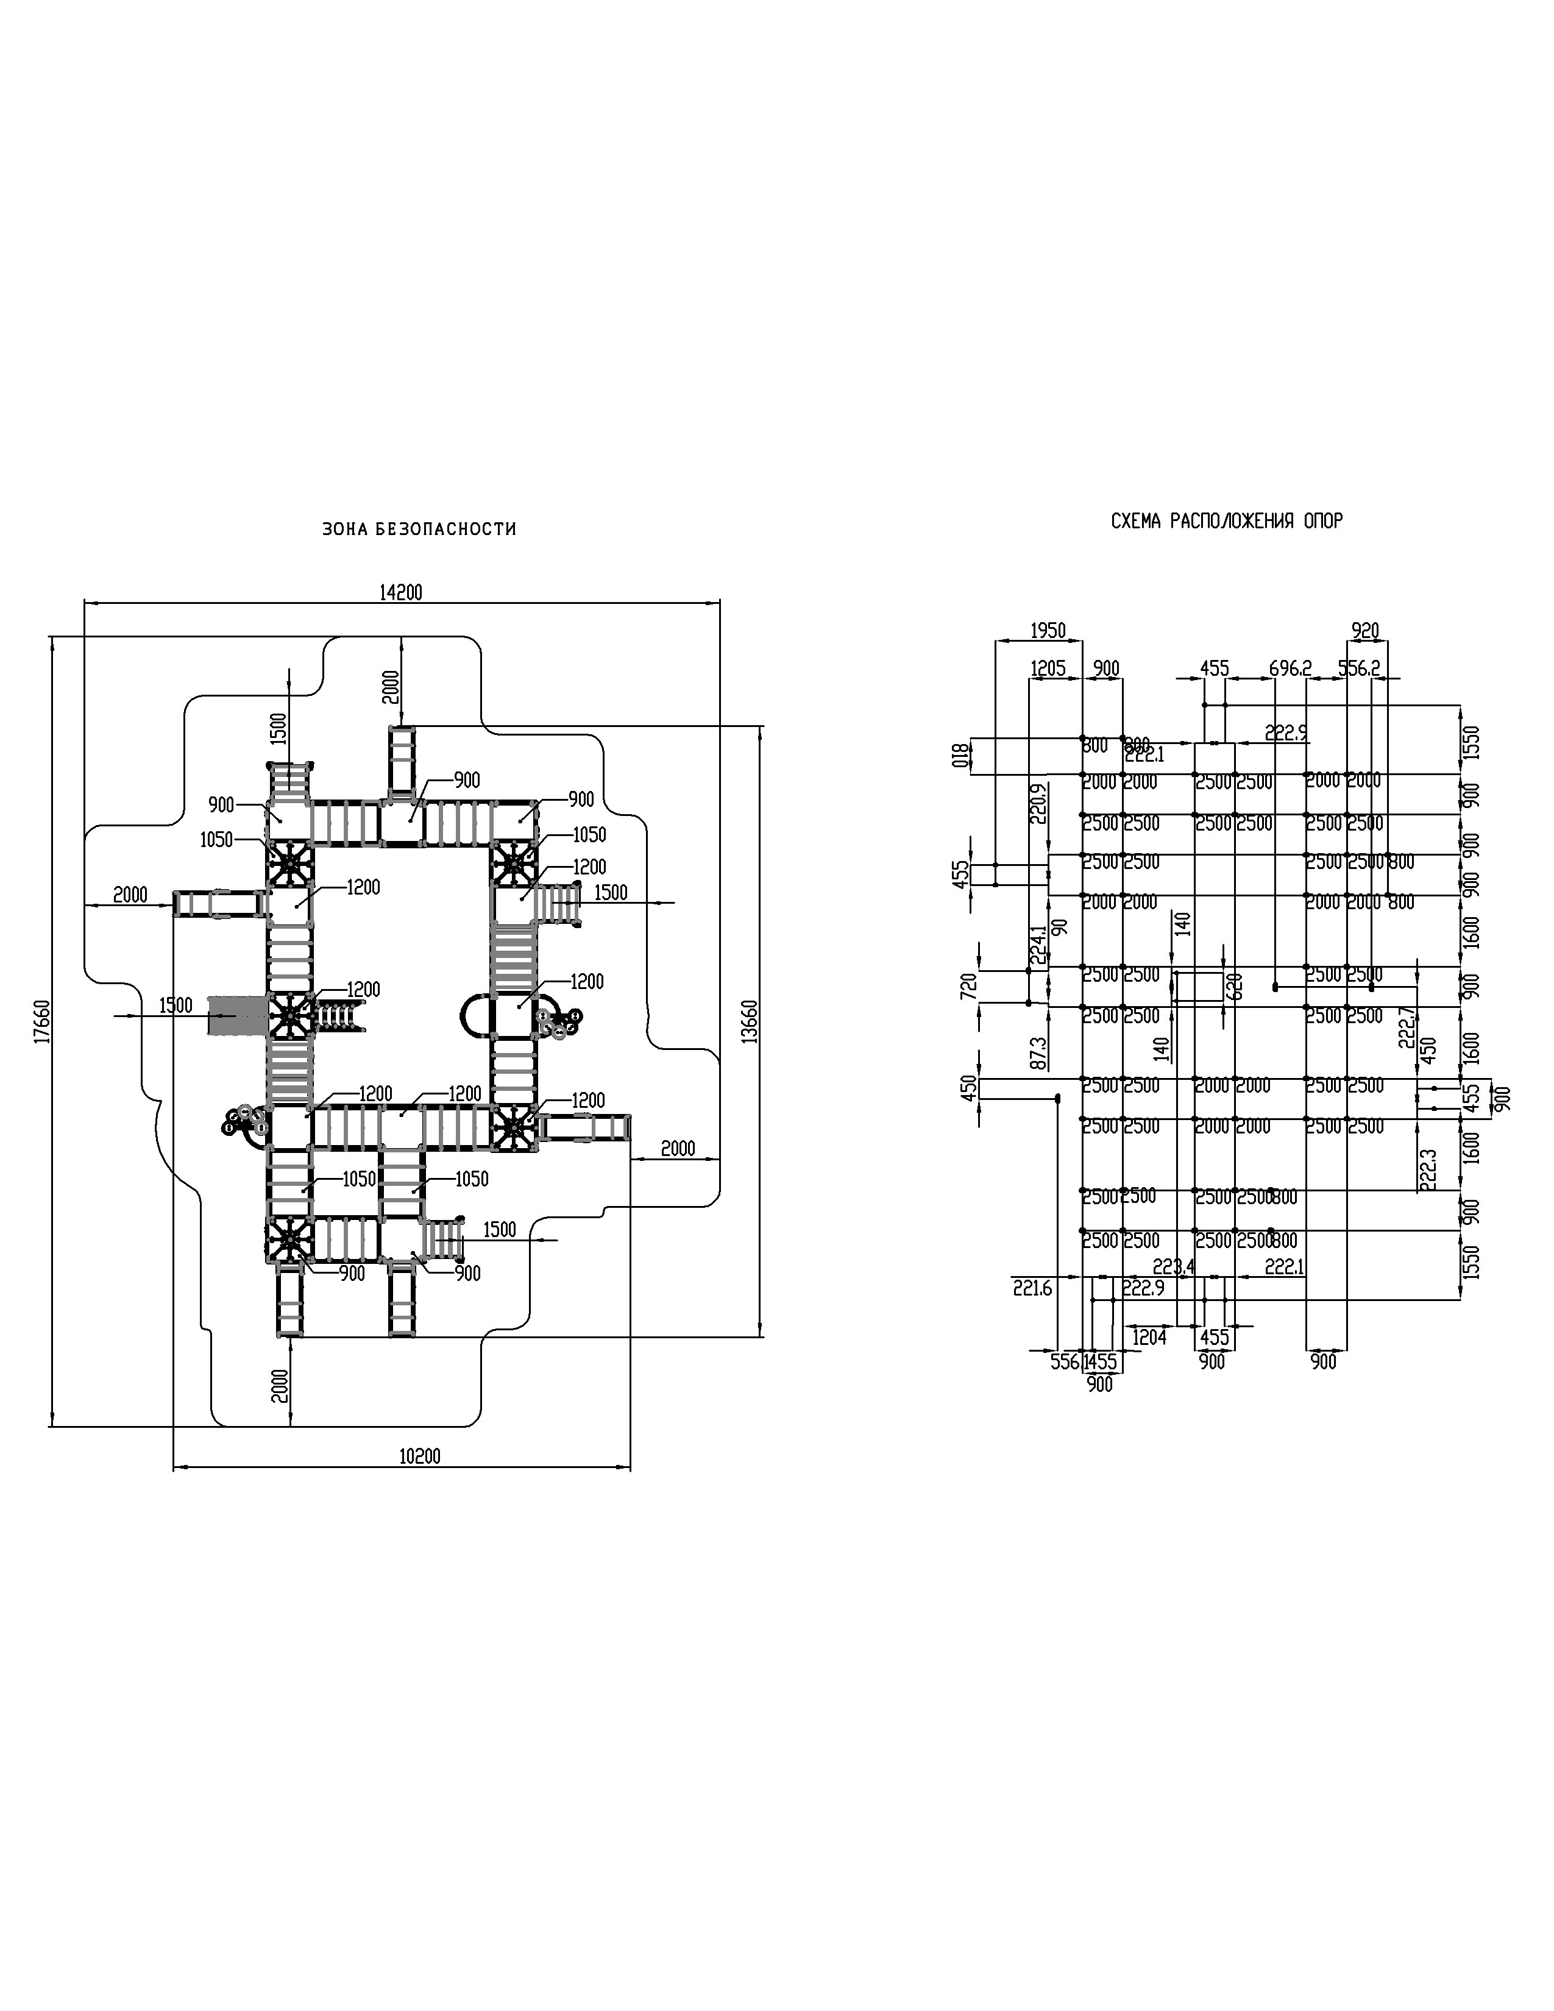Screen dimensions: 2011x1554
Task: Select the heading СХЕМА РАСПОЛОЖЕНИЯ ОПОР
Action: click(1226, 521)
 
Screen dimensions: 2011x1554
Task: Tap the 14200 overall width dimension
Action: click(400, 593)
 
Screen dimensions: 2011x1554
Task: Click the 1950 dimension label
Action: click(1048, 631)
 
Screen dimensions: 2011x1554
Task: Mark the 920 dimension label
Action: click(1364, 631)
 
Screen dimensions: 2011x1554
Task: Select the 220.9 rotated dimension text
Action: click(1038, 803)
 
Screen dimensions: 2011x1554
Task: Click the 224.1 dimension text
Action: click(1038, 945)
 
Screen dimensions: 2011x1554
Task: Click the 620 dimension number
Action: click(1235, 986)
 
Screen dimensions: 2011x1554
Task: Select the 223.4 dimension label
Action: click(1173, 1267)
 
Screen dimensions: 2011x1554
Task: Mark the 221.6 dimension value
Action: click(1032, 1289)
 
